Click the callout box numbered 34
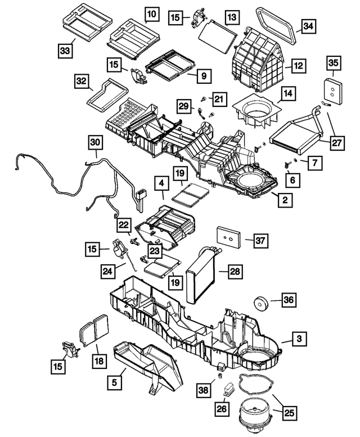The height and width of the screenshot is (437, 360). [308, 26]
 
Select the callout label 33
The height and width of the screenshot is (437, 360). [66, 51]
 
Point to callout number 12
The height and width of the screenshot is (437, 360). [298, 66]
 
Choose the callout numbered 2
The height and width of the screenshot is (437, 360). [286, 200]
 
